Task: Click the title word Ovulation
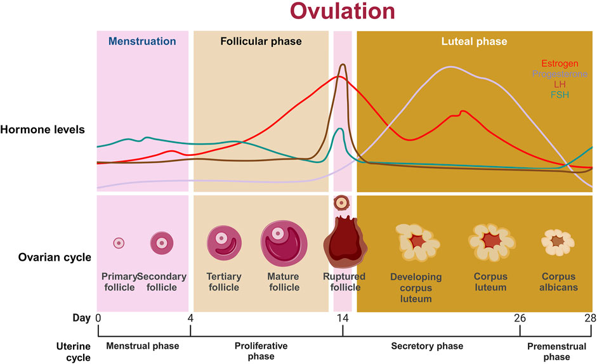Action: (343, 11)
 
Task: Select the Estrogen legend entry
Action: (560, 63)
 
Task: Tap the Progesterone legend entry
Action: (560, 74)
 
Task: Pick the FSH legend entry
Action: (560, 94)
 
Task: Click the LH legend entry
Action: (560, 84)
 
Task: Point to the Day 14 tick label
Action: (343, 318)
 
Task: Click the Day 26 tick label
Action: (520, 318)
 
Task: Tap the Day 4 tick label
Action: (190, 318)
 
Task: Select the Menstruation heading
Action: (142, 41)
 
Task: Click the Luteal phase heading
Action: (474, 41)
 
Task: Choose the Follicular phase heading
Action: (261, 41)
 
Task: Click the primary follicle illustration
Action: (119, 243)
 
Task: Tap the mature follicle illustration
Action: (284, 244)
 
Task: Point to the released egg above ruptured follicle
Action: (341, 203)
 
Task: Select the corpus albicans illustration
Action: (558, 242)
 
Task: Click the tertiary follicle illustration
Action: (224, 243)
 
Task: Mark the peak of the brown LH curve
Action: (343, 64)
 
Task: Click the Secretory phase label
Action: (427, 346)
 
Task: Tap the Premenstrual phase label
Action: (556, 351)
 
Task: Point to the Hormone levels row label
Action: (43, 130)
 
